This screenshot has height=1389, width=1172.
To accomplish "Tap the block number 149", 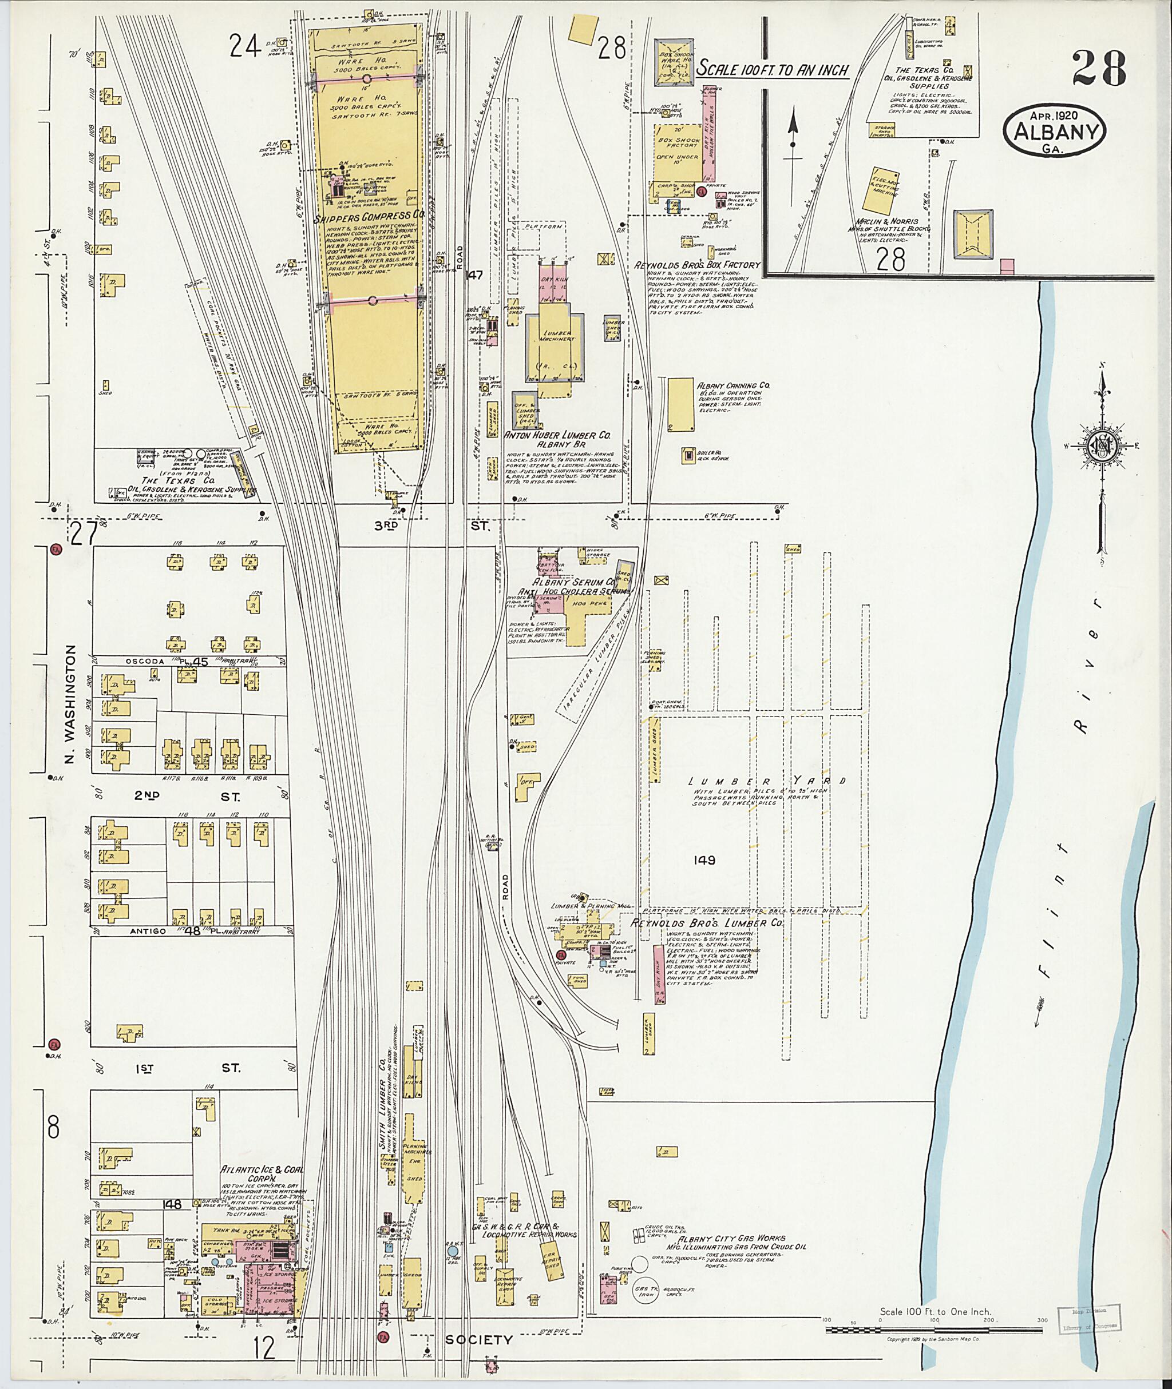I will click(x=703, y=860).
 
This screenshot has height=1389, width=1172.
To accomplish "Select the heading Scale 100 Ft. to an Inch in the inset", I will click(x=773, y=69).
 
